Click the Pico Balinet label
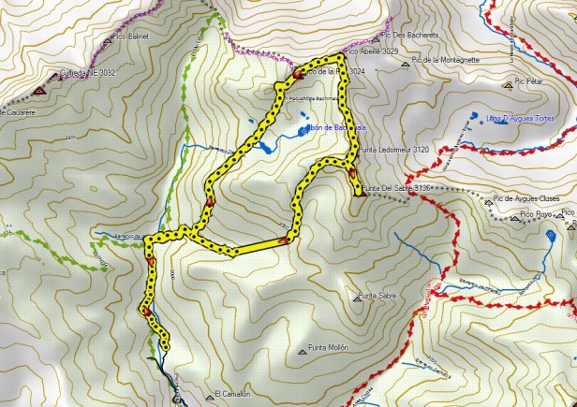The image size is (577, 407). [x=132, y=36]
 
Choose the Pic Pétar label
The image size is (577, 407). [x=531, y=81]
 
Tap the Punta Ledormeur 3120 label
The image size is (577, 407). [x=394, y=149]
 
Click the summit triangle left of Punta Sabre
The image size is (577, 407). [x=358, y=298]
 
